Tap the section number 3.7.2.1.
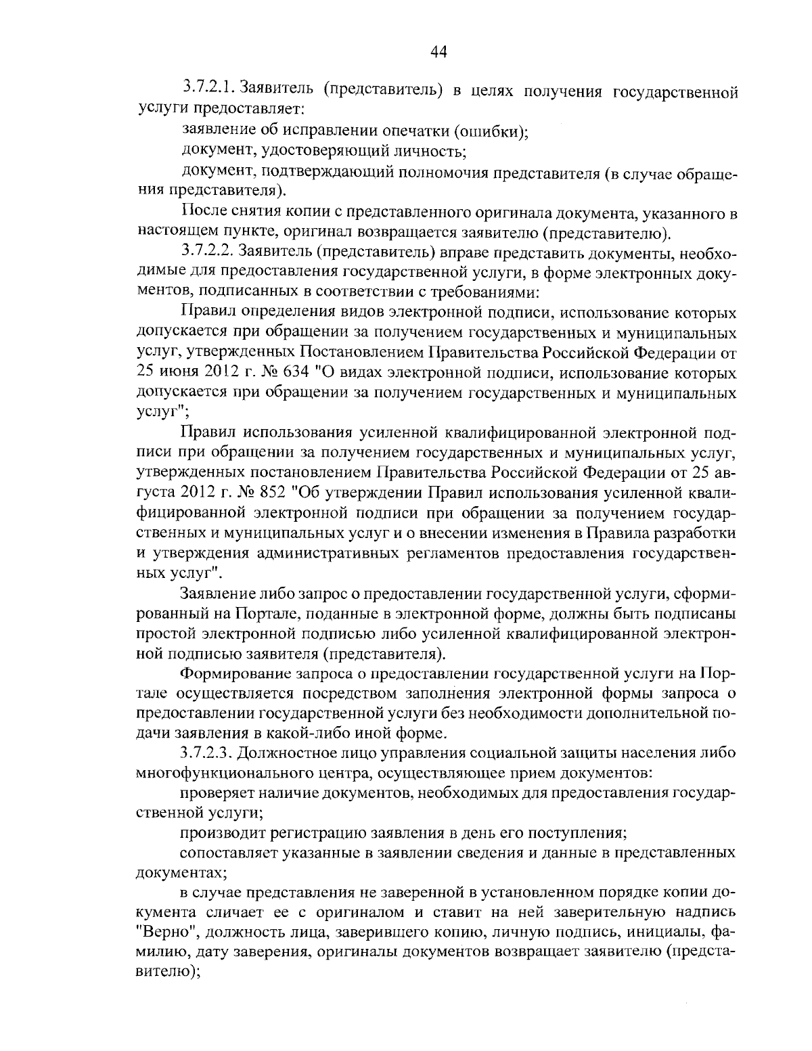(209, 89)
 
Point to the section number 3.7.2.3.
(209, 753)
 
